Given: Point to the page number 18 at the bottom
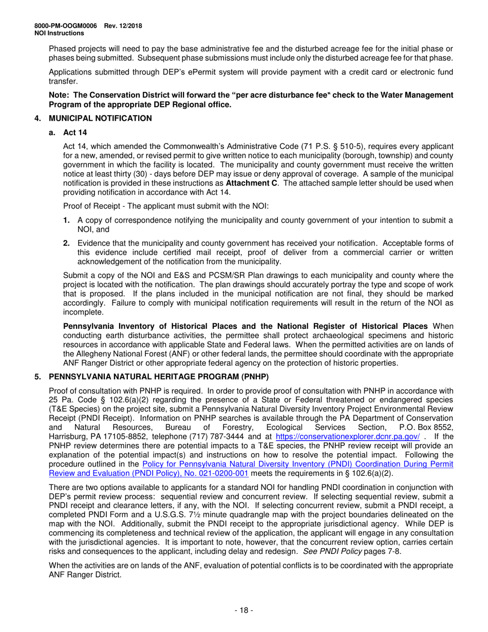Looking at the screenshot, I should click(243, 610).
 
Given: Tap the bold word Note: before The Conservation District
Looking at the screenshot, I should click(60, 95).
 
